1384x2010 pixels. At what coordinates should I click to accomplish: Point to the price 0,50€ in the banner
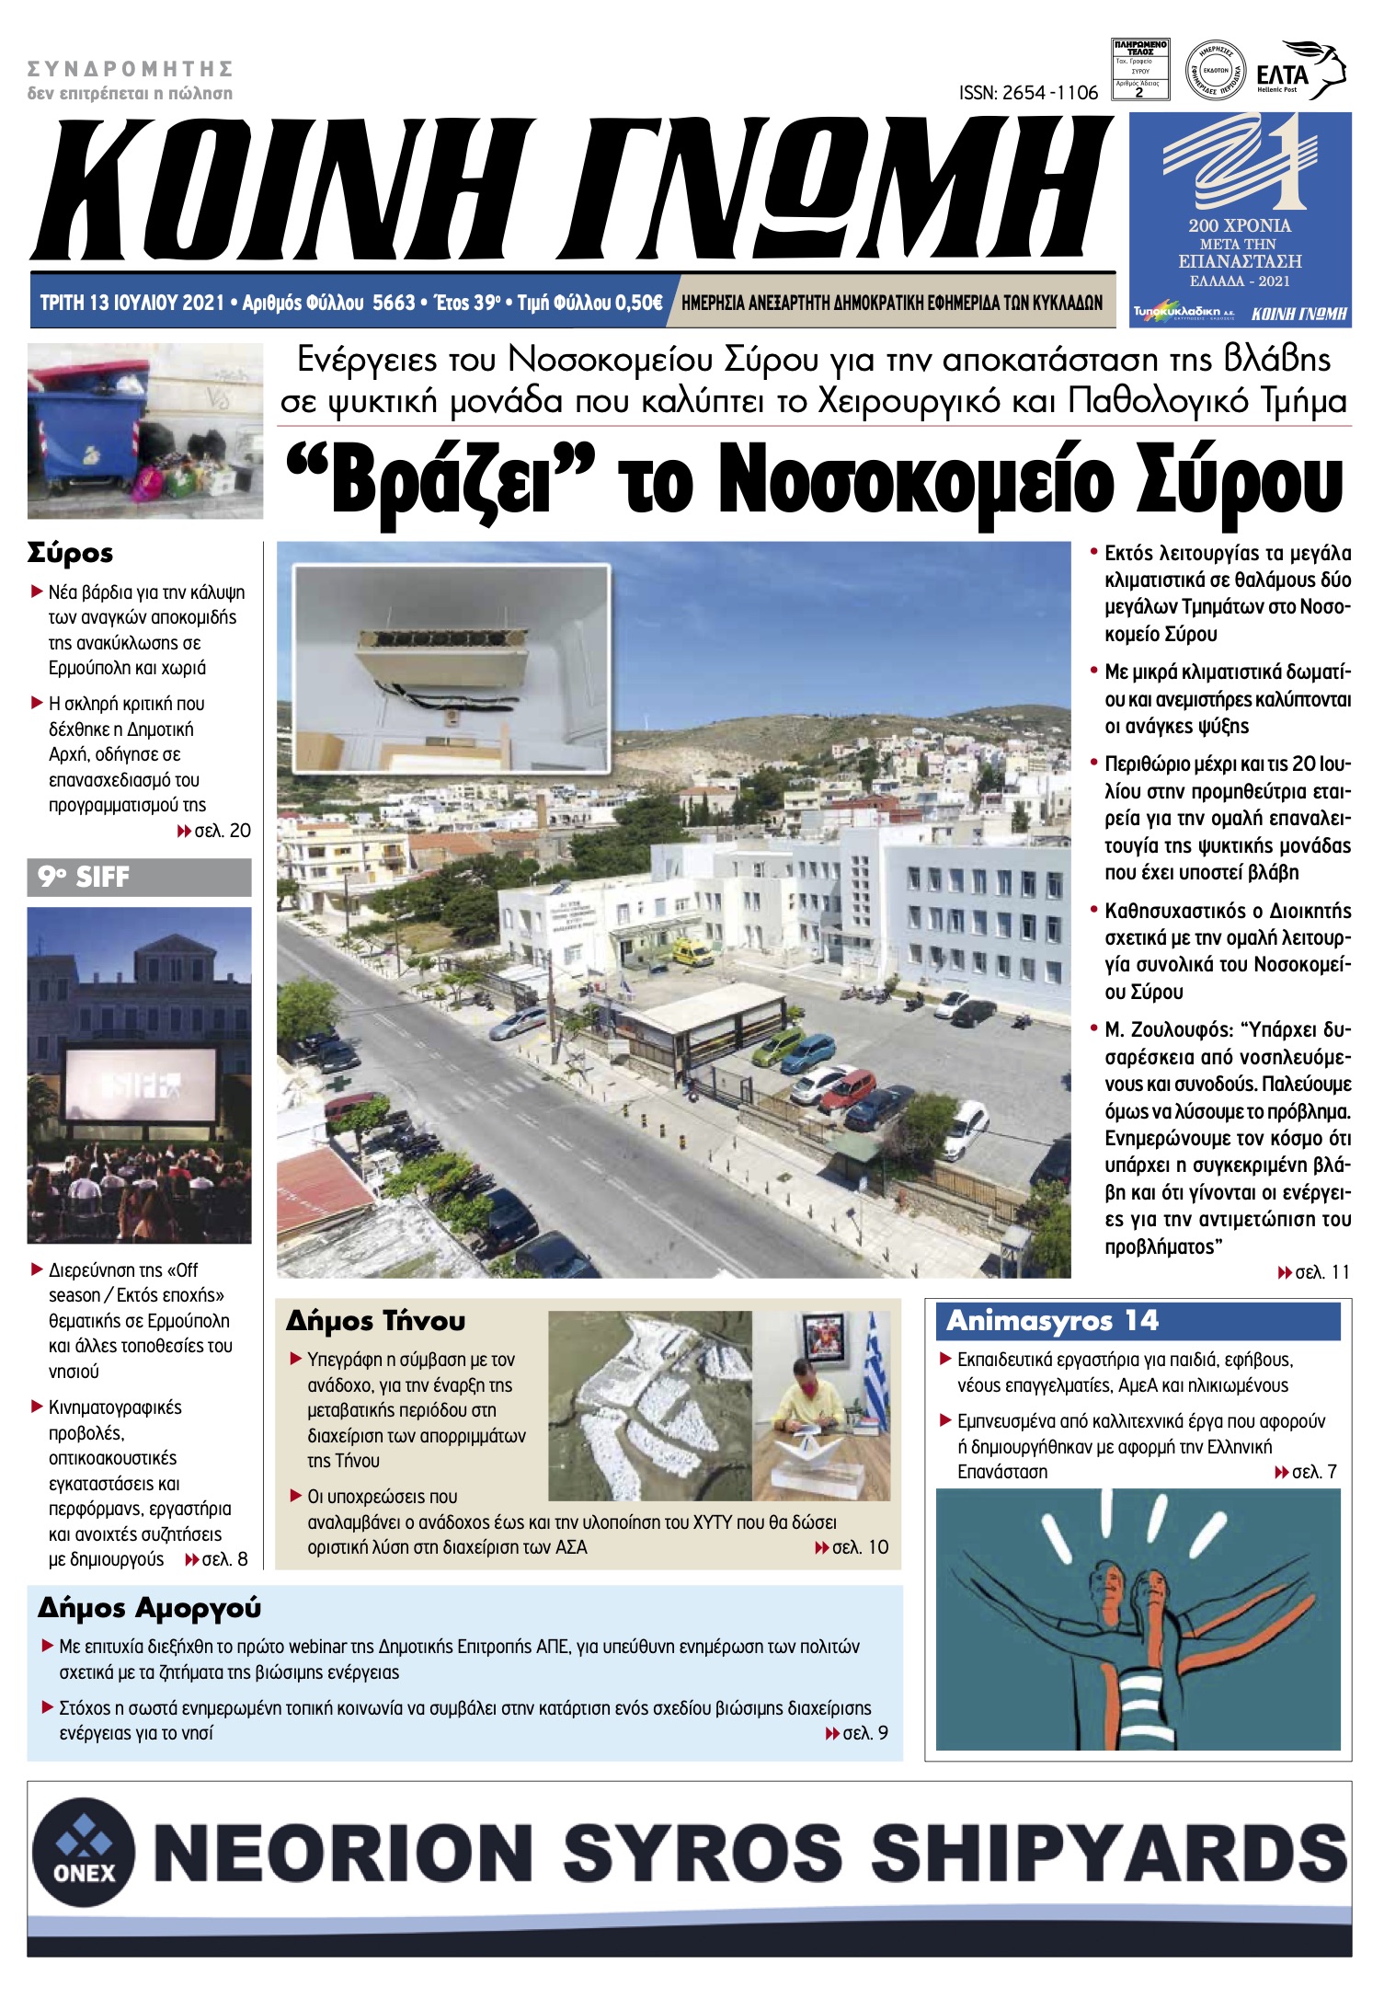[635, 303]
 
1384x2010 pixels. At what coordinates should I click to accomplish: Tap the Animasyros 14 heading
[1052, 1321]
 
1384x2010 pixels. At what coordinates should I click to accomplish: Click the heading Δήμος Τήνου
[375, 1321]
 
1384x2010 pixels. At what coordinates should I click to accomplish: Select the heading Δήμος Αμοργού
[149, 1608]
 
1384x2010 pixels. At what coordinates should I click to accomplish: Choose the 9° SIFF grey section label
[139, 877]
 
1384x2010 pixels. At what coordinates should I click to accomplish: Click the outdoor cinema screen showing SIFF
[140, 1086]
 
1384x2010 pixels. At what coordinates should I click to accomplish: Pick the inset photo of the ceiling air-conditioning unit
[452, 667]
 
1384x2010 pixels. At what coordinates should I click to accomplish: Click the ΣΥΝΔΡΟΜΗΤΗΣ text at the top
[130, 69]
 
